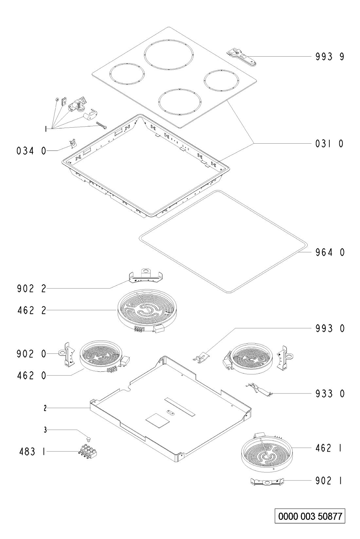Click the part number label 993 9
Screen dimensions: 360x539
point(330,57)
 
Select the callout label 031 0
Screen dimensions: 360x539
point(330,144)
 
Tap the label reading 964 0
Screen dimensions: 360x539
point(330,252)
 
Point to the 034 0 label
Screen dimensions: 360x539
point(31,151)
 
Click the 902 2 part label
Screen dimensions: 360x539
point(31,289)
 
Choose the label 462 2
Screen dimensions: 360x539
point(31,310)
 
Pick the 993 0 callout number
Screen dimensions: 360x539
point(330,329)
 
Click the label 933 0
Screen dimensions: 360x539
point(330,394)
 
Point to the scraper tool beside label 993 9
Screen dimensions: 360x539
point(242,57)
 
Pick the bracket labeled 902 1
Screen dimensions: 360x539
point(267,481)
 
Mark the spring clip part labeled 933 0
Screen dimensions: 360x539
point(260,389)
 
